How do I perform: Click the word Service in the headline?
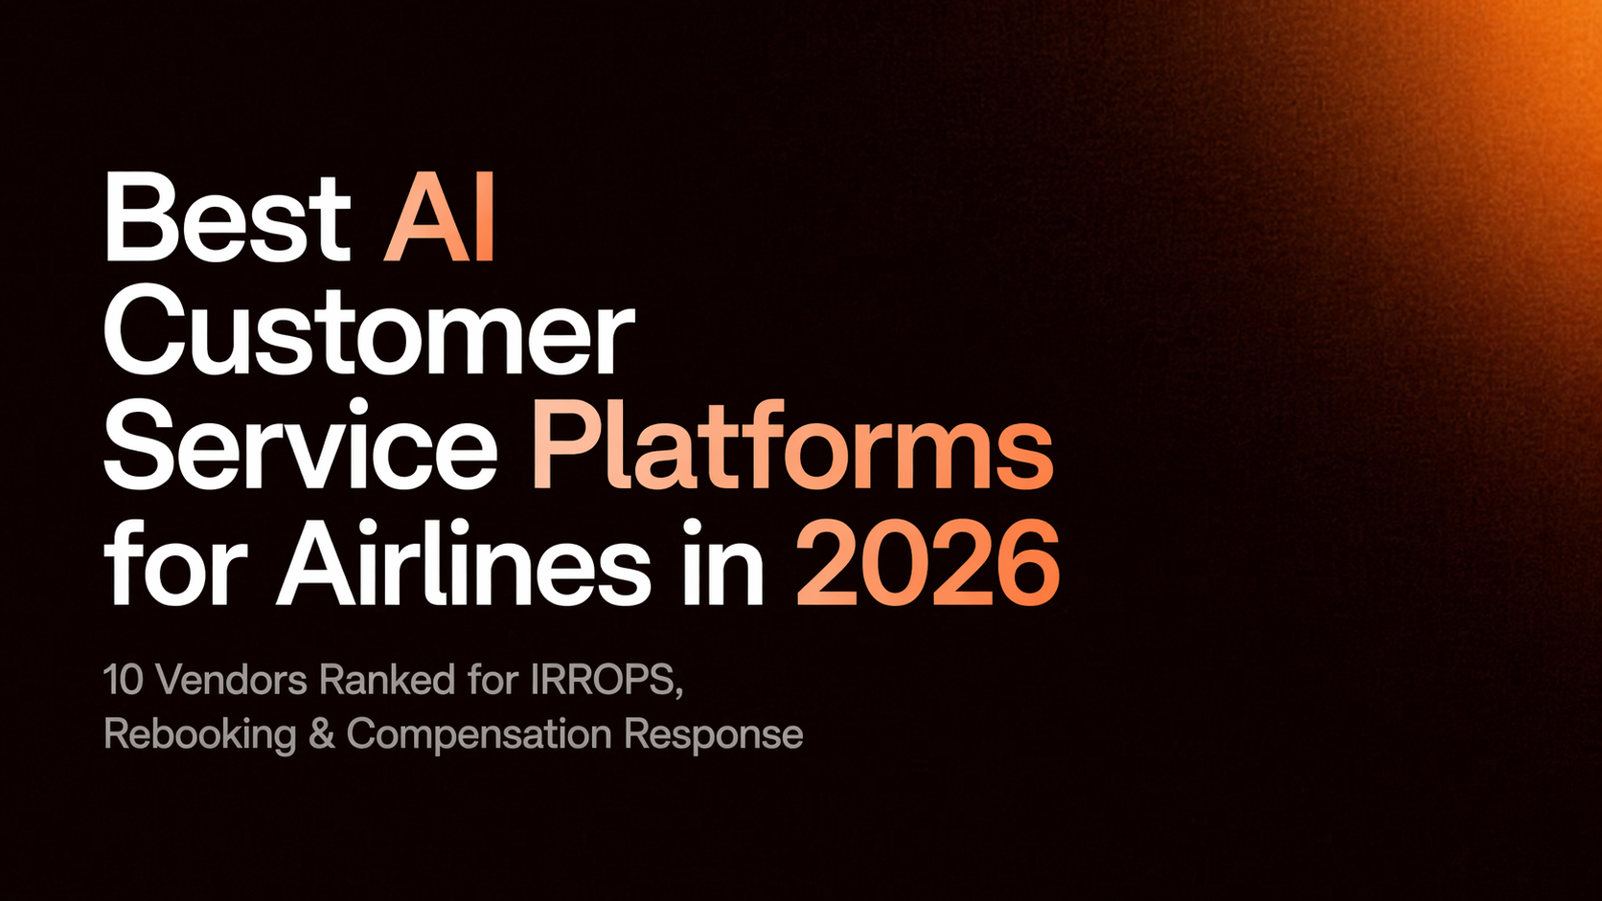300,446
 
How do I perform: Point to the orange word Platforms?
792,448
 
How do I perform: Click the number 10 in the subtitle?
123,681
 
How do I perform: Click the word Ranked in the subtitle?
387,681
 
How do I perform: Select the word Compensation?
479,735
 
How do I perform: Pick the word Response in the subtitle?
714,735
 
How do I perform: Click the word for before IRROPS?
493,681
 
